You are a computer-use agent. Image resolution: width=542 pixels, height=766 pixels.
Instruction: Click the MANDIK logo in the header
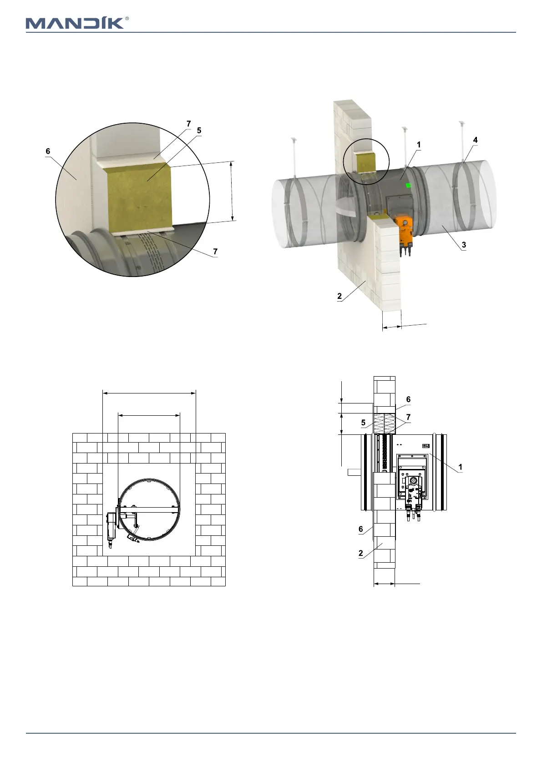pyautogui.click(x=75, y=23)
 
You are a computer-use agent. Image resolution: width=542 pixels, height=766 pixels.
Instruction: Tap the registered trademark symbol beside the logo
pyautogui.click(x=127, y=19)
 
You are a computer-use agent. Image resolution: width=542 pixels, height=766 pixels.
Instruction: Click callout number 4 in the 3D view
pyautogui.click(x=475, y=140)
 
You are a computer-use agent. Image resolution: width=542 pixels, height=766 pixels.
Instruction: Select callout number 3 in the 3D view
pyautogui.click(x=464, y=245)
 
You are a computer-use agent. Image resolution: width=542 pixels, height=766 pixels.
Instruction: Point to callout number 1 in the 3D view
pyautogui.click(x=419, y=145)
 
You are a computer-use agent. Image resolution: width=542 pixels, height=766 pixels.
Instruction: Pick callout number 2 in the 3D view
pyautogui.click(x=339, y=296)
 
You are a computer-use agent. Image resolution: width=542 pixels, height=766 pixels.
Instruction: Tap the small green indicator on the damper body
pyautogui.click(x=408, y=186)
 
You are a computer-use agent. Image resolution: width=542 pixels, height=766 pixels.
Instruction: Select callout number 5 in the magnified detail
pyautogui.click(x=199, y=130)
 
